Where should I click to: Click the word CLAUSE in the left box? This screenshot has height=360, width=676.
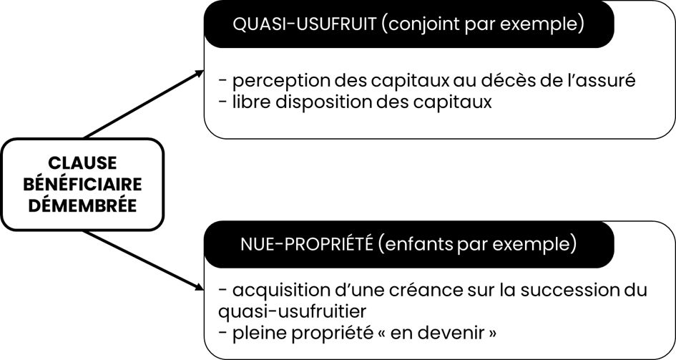[82, 163]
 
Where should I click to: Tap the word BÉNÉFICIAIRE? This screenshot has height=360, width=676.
[82, 184]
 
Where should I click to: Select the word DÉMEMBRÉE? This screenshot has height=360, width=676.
[82, 205]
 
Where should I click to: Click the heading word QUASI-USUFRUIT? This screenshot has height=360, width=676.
[304, 24]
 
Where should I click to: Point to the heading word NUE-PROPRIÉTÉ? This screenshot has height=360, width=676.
[307, 245]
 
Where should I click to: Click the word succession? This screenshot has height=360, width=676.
[568, 290]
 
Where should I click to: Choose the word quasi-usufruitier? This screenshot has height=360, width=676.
[293, 311]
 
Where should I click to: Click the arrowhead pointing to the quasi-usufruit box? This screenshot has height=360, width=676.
[199, 73]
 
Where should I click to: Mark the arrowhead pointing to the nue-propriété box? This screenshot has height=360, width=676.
[198, 286]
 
